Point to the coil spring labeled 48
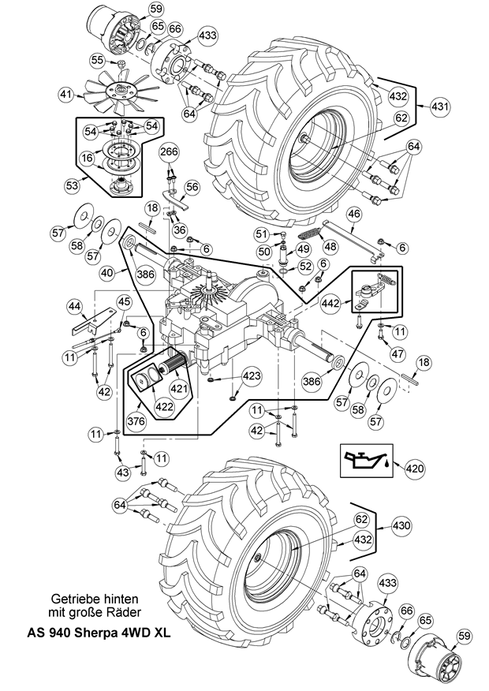pyautogui.click(x=311, y=232)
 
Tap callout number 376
pyautogui.click(x=136, y=421)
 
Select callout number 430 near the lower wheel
pyautogui.click(x=401, y=525)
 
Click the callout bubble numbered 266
pyautogui.click(x=169, y=152)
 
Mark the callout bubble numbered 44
pyautogui.click(x=75, y=305)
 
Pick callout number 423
pyautogui.click(x=252, y=376)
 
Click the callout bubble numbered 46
pyautogui.click(x=354, y=215)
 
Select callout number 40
pyautogui.click(x=106, y=273)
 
